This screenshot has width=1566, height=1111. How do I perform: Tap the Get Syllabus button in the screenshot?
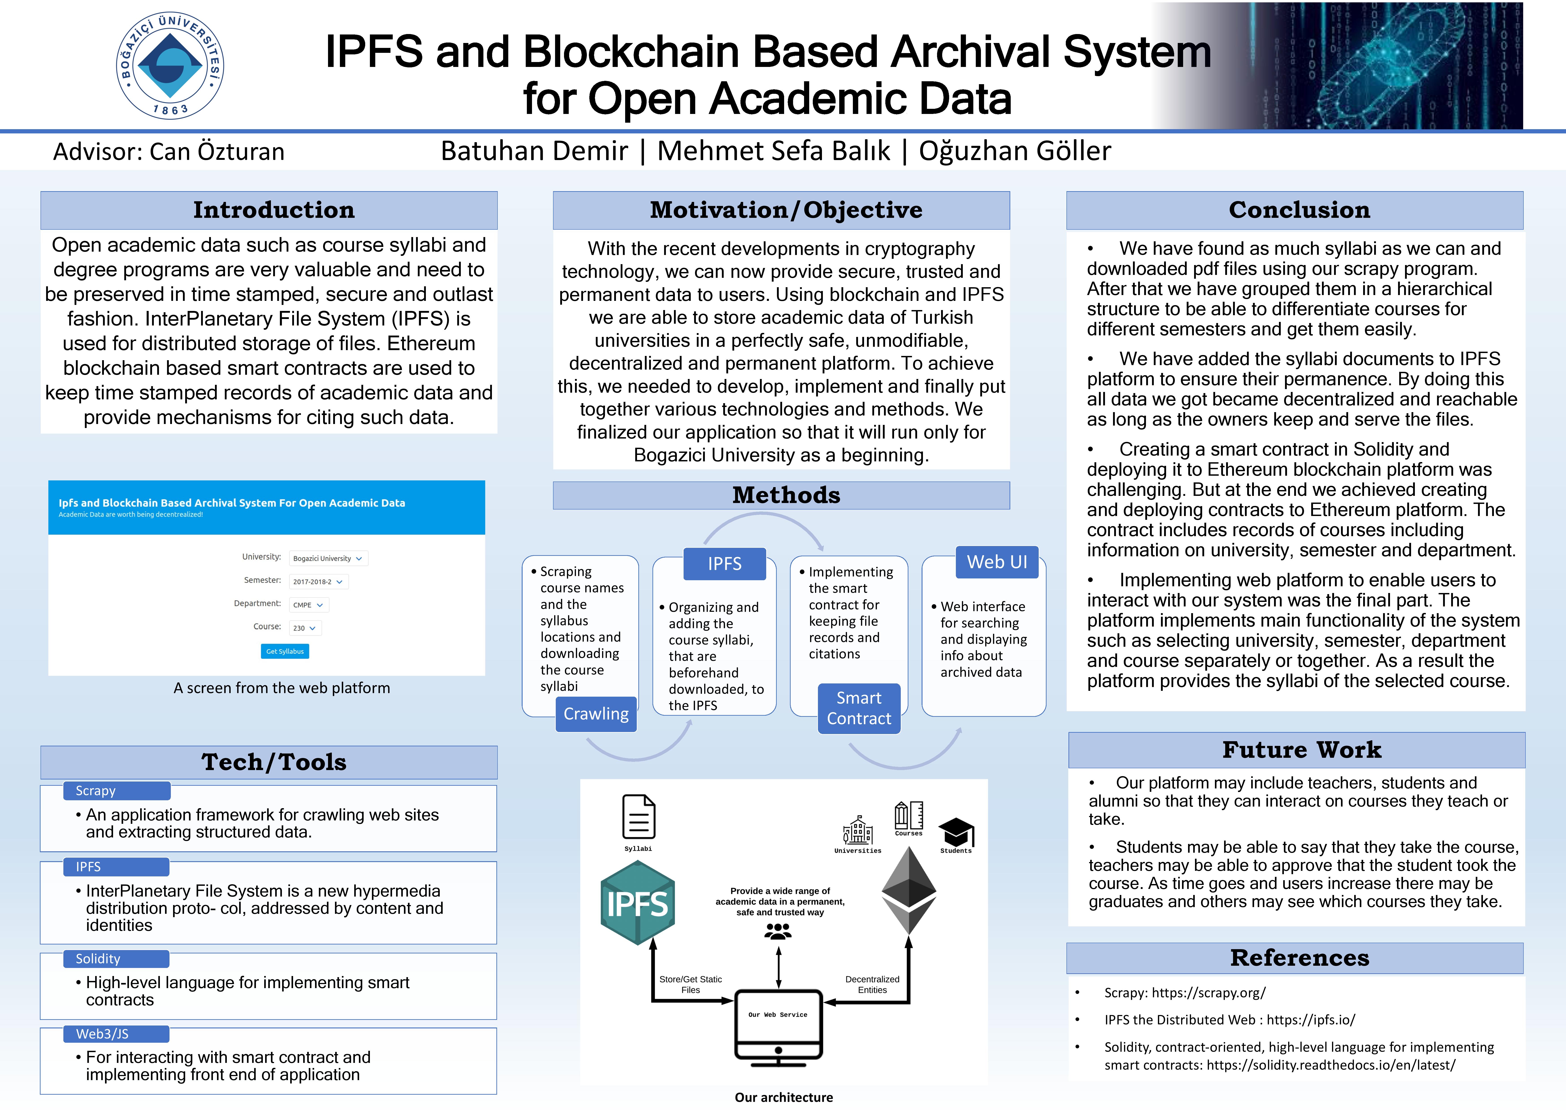(285, 651)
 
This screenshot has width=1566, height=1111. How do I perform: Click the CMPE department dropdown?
(309, 605)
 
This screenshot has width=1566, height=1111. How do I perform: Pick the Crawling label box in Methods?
(596, 714)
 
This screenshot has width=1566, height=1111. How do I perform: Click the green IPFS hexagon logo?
(638, 903)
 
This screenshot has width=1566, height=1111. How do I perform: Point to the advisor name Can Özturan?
(216, 151)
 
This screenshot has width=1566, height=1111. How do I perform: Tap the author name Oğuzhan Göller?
(1015, 151)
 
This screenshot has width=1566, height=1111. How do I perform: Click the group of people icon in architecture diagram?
(778, 931)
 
